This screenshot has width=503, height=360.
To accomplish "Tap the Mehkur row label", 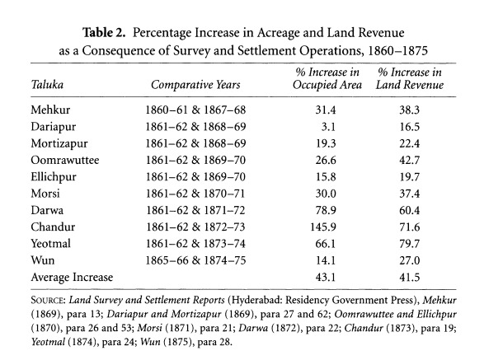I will (50, 108).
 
